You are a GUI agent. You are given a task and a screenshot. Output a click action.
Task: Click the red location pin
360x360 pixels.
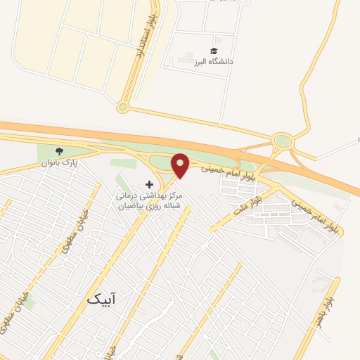(x=181, y=165)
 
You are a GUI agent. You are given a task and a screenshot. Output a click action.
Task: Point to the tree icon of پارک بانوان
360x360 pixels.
(x=60, y=151)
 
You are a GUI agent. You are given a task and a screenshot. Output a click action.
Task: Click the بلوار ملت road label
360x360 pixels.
(x=247, y=209)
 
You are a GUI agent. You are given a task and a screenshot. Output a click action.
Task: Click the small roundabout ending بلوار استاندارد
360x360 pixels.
(x=123, y=108)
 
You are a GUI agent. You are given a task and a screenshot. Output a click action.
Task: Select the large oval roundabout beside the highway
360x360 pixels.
(x=282, y=141)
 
